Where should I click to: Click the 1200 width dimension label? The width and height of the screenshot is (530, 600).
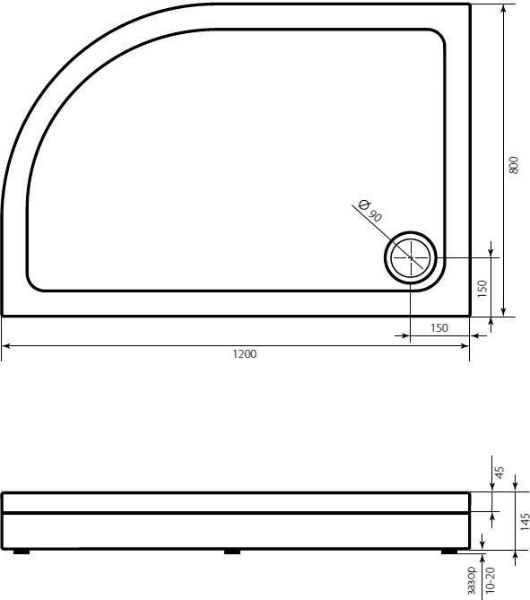(244, 354)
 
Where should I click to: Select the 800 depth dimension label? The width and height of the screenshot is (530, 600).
(513, 165)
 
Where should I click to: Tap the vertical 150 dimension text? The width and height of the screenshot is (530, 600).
(482, 288)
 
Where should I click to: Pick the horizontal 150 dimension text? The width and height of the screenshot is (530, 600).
(439, 328)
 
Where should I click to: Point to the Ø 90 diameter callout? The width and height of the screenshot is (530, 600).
(369, 212)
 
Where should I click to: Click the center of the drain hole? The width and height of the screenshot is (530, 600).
(412, 258)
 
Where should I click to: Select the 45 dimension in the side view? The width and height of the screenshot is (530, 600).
(500, 471)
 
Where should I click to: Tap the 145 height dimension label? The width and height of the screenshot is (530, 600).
(524, 522)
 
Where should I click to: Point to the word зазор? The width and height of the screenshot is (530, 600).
(474, 581)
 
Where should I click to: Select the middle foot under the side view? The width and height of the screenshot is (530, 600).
(233, 552)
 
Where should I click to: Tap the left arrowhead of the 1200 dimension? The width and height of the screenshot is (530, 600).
(4, 345)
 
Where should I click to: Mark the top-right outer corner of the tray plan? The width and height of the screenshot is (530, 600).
(470, 4)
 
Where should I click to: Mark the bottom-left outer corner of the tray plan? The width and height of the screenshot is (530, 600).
(2, 316)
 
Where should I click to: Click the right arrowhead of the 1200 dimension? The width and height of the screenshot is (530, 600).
(466, 345)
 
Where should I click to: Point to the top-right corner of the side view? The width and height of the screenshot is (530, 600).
(470, 492)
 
